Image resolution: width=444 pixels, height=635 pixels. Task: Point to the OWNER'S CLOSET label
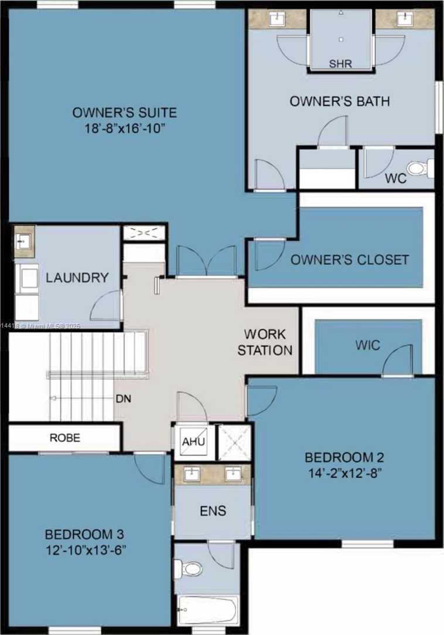[350, 260]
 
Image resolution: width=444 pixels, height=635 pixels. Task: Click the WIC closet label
[367, 345]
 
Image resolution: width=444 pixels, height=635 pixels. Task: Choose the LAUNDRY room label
[78, 277]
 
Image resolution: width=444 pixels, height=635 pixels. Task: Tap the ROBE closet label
[64, 437]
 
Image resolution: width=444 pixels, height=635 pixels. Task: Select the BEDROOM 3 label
[86, 535]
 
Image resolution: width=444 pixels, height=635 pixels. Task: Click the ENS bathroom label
[213, 511]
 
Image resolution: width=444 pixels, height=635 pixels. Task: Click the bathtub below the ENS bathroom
[208, 610]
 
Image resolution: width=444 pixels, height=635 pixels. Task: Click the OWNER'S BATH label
[340, 101]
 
